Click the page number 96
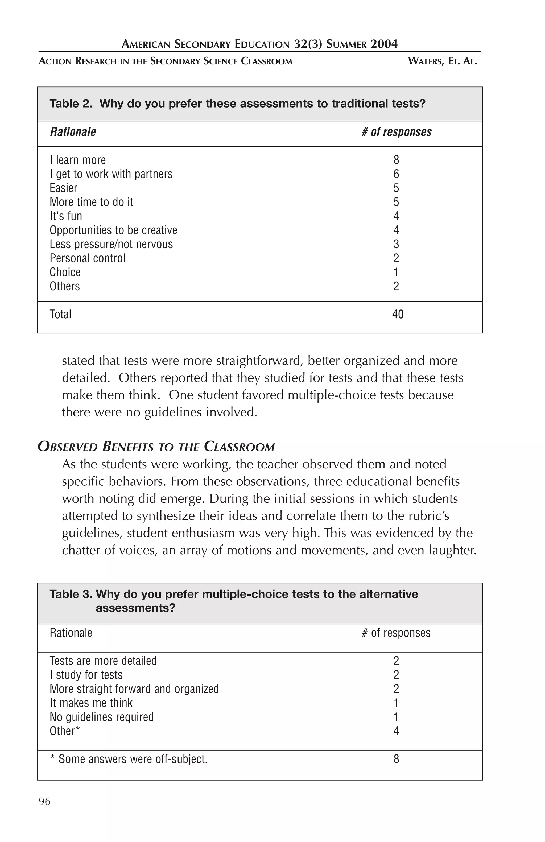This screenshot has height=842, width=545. click(44, 801)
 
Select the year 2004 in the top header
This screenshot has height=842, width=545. click(384, 44)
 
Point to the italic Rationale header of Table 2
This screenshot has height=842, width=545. click(73, 132)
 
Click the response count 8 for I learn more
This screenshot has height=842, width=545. click(396, 160)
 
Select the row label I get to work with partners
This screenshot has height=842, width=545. click(111, 174)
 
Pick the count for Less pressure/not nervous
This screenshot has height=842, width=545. click(396, 244)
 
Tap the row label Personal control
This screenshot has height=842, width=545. click(87, 258)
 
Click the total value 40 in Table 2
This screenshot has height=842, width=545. click(398, 314)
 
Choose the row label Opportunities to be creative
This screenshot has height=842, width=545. click(113, 230)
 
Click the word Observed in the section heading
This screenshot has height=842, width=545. click(67, 447)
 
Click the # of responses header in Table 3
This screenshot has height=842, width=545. click(396, 633)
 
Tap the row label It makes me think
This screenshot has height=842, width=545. click(91, 703)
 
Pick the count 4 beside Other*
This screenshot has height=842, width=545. click(396, 730)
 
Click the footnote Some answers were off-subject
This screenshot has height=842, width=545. click(133, 759)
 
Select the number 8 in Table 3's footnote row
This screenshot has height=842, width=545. click(396, 759)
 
